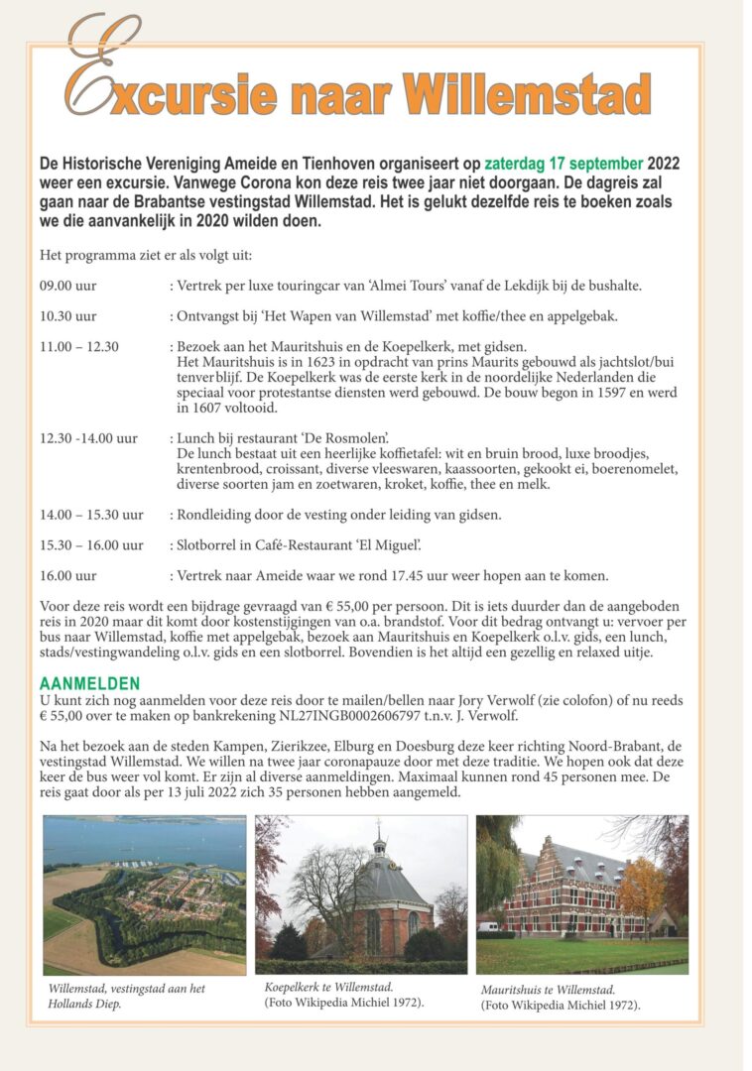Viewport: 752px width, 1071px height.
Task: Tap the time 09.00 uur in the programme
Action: click(x=68, y=287)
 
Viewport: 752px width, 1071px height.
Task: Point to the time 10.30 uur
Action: click(x=68, y=316)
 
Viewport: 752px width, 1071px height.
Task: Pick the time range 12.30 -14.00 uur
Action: click(x=88, y=437)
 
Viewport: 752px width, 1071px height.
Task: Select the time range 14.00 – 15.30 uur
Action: click(x=91, y=515)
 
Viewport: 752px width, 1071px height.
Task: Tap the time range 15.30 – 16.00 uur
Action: click(x=91, y=544)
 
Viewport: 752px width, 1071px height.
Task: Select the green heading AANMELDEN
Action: click(x=89, y=684)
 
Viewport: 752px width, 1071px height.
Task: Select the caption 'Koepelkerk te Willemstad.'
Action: click(x=328, y=987)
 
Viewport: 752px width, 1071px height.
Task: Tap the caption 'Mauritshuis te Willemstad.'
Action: click(x=548, y=989)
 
